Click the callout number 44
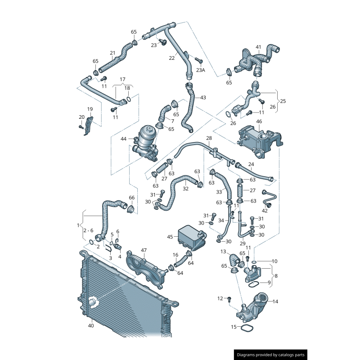(x=124, y=139)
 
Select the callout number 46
(x=259, y=121)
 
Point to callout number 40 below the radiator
(x=90, y=325)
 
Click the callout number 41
(x=258, y=47)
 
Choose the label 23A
(x=200, y=70)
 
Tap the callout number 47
(x=144, y=250)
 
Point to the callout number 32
(x=185, y=189)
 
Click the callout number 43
(x=203, y=97)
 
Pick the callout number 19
(x=90, y=109)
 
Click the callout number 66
(x=131, y=198)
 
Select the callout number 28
(x=209, y=138)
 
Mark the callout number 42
(x=265, y=210)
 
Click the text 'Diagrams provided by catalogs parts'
(x=270, y=355)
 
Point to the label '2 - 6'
(x=88, y=230)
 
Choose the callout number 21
(x=112, y=53)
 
